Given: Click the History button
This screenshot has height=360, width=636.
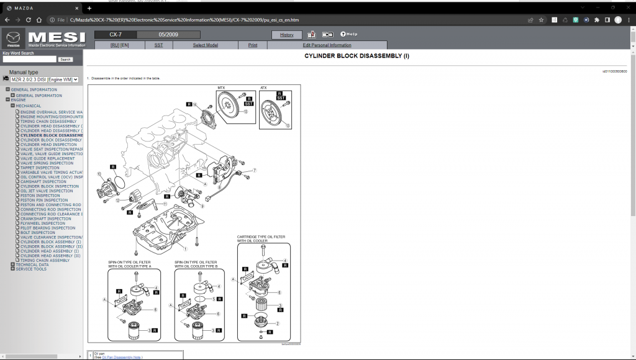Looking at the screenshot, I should point(286,35).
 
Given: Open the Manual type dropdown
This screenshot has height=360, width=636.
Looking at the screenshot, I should point(44,79).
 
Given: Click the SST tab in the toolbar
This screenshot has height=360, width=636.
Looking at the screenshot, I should point(158,45).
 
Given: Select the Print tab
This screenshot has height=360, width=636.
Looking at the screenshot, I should point(253,45).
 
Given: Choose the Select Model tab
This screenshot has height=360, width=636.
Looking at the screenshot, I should point(205,45).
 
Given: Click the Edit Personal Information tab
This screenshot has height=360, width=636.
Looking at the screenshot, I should point(327,45).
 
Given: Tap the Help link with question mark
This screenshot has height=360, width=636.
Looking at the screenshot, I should point(348,34).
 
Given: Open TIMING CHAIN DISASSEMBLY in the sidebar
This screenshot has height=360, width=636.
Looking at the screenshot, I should point(48,122).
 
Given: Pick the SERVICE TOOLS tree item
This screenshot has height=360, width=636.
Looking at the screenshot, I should point(31,269).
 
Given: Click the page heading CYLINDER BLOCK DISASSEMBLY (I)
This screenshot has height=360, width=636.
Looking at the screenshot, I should point(357,56).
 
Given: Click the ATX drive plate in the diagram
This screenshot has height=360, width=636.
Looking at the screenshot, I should point(275,115).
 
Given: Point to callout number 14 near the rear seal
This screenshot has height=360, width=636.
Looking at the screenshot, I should point(194,105).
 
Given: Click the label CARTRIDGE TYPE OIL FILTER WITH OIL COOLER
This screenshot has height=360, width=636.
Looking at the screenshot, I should point(261,238).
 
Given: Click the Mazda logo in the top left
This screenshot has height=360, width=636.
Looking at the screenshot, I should point(13,38).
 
